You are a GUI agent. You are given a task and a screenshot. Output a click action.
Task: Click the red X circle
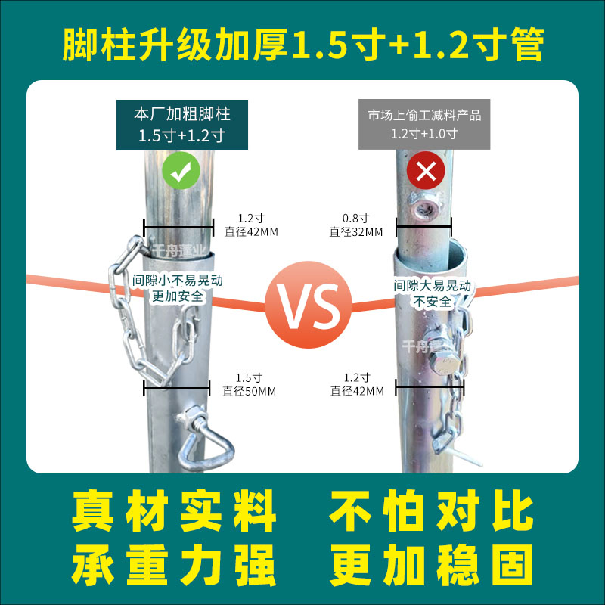coord(426,172)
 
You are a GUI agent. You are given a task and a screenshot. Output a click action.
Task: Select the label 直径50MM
coord(250,391)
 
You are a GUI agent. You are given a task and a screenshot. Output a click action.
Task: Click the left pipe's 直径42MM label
coord(251,231)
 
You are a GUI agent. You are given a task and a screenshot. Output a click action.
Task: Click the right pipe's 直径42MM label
coord(357,391)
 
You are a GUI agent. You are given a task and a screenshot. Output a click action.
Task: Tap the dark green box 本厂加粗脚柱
coord(181,124)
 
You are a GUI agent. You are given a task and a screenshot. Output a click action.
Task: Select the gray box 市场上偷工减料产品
coord(424,124)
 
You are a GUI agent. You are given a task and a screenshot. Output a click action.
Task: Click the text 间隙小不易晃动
coord(178,280)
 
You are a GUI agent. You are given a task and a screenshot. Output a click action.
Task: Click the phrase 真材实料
coord(174,513)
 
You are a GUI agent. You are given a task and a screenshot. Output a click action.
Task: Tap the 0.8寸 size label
coord(355,219)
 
